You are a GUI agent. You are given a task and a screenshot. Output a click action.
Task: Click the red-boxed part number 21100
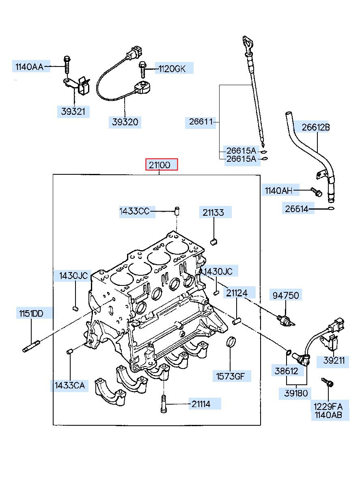160,165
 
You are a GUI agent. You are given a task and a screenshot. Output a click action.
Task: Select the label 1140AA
29,66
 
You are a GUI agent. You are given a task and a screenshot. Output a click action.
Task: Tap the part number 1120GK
172,69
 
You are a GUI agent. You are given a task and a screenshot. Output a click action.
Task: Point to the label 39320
125,122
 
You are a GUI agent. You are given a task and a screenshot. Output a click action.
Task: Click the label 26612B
315,127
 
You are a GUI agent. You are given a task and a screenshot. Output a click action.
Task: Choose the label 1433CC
134,211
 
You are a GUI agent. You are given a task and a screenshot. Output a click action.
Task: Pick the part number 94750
286,296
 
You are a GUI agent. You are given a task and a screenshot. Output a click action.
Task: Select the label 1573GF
230,376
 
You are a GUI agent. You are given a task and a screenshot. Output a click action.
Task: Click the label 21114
201,404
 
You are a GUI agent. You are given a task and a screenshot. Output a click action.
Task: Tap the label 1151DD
31,314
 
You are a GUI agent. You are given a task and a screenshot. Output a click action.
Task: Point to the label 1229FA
328,407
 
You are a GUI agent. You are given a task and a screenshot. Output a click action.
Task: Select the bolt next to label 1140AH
316,192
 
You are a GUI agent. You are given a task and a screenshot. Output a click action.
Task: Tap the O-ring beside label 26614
331,208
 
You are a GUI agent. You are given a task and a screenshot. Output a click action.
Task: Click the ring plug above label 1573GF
231,342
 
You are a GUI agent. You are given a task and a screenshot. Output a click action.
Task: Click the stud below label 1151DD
31,346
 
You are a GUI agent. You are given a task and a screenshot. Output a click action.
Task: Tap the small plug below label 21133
213,242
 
